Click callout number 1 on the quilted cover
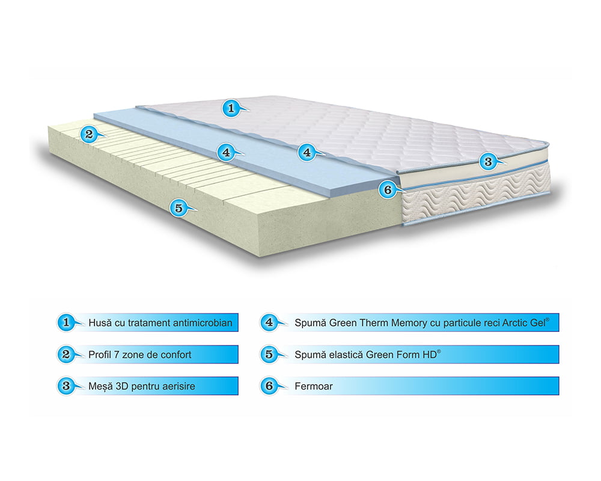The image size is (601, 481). coord(230,108)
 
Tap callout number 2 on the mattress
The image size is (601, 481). coord(89,134)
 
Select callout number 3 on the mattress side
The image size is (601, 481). coord(487,161)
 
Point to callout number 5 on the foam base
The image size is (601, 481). coord(177,208)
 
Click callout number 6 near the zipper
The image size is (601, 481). coord(387,190)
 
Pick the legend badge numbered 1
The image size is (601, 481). coord(66,322)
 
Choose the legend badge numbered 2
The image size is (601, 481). coord(66,354)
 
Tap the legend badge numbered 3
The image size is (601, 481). coord(66,385)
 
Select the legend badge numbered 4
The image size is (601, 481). coord(269,322)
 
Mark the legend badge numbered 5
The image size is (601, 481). coord(269,354)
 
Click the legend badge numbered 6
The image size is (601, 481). coord(269,385)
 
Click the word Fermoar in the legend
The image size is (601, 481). coord(313,386)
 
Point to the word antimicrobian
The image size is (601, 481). coord(202,323)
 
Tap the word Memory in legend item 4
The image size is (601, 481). coord(409,323)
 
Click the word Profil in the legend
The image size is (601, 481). coord(100,355)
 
